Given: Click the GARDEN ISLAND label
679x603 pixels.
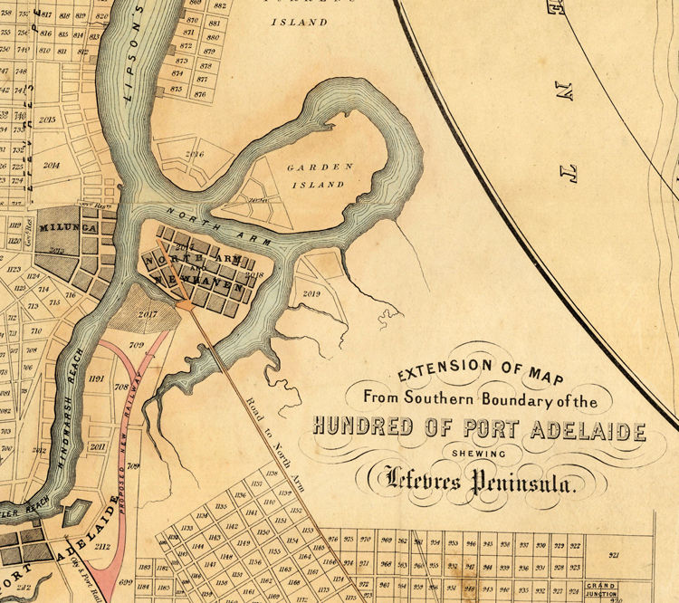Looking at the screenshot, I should coord(315,176).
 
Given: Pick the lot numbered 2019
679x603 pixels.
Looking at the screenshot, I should coord(313,293).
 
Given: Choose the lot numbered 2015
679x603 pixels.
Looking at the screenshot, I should coord(47,119).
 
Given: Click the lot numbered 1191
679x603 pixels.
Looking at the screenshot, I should coord(97,378).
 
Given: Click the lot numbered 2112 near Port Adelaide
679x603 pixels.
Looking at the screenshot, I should coord(102,546).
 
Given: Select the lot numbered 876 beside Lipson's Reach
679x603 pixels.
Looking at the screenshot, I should coord(200,93).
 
